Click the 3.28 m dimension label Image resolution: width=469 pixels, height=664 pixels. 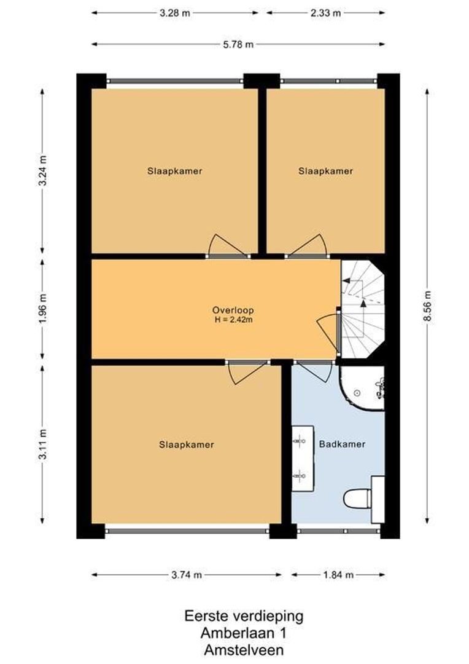click(175, 13)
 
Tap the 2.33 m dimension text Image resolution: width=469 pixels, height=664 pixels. click(325, 13)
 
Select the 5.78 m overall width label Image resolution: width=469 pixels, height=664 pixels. click(238, 44)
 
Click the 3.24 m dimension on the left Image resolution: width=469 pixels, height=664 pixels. click(43, 170)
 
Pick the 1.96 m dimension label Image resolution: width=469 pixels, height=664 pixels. click(43, 308)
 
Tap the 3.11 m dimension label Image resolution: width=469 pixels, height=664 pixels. click(43, 445)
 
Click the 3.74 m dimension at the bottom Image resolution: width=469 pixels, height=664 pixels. click(187, 575)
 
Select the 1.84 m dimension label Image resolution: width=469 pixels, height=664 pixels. click(338, 575)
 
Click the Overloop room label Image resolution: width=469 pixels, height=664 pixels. click(233, 310)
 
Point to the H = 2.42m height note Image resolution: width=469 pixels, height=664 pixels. click(233, 320)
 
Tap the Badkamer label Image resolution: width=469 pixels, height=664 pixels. click(342, 445)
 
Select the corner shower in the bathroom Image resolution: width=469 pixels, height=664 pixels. click(362, 388)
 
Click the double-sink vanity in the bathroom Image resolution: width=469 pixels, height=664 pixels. click(303, 458)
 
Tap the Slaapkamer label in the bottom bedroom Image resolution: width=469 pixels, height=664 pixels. click(187, 445)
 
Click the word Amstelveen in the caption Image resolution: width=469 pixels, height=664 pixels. click(244, 650)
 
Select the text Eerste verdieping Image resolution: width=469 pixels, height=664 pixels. click(244, 615)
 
